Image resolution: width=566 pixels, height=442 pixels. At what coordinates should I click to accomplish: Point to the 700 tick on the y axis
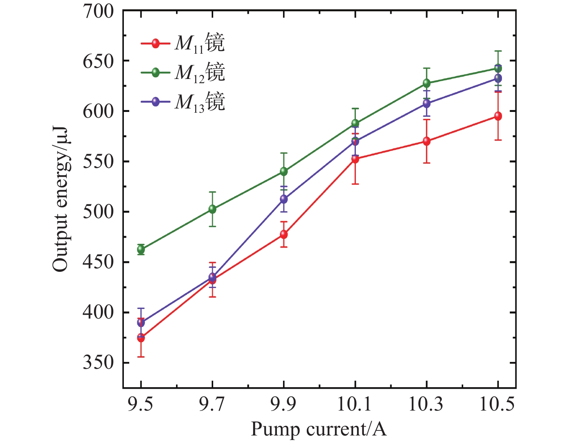tap(99, 12)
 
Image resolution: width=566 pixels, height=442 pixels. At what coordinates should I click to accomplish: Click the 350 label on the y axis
tap(99, 362)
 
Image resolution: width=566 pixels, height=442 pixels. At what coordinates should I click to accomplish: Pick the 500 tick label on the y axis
tap(99, 211)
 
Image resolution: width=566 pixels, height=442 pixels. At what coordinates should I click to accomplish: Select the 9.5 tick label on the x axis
tap(141, 404)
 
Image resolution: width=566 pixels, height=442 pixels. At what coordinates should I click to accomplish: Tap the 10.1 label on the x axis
tap(355, 404)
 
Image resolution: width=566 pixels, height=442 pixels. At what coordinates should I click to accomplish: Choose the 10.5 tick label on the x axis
tap(497, 404)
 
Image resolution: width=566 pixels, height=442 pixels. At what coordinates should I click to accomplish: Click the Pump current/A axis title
tap(319, 429)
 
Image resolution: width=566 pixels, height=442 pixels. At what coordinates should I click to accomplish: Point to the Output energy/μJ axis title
tap(61, 199)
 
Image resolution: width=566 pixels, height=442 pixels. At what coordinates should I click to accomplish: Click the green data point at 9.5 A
tap(141, 250)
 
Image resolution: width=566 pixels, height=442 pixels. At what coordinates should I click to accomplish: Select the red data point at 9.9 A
tap(284, 234)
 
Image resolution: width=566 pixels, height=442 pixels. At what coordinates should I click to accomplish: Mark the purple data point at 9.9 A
tap(284, 199)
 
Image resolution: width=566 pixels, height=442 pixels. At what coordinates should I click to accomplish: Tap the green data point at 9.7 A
tap(212, 209)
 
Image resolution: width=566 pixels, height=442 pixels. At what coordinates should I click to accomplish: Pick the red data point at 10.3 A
tap(426, 141)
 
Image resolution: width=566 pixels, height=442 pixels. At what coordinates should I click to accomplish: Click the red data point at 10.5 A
tap(498, 116)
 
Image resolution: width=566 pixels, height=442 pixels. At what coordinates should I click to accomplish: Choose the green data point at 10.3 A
tap(426, 83)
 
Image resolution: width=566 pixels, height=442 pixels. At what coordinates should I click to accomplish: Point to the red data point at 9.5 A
tap(141, 338)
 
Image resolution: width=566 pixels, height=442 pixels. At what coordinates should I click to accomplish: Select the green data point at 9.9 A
tap(284, 171)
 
